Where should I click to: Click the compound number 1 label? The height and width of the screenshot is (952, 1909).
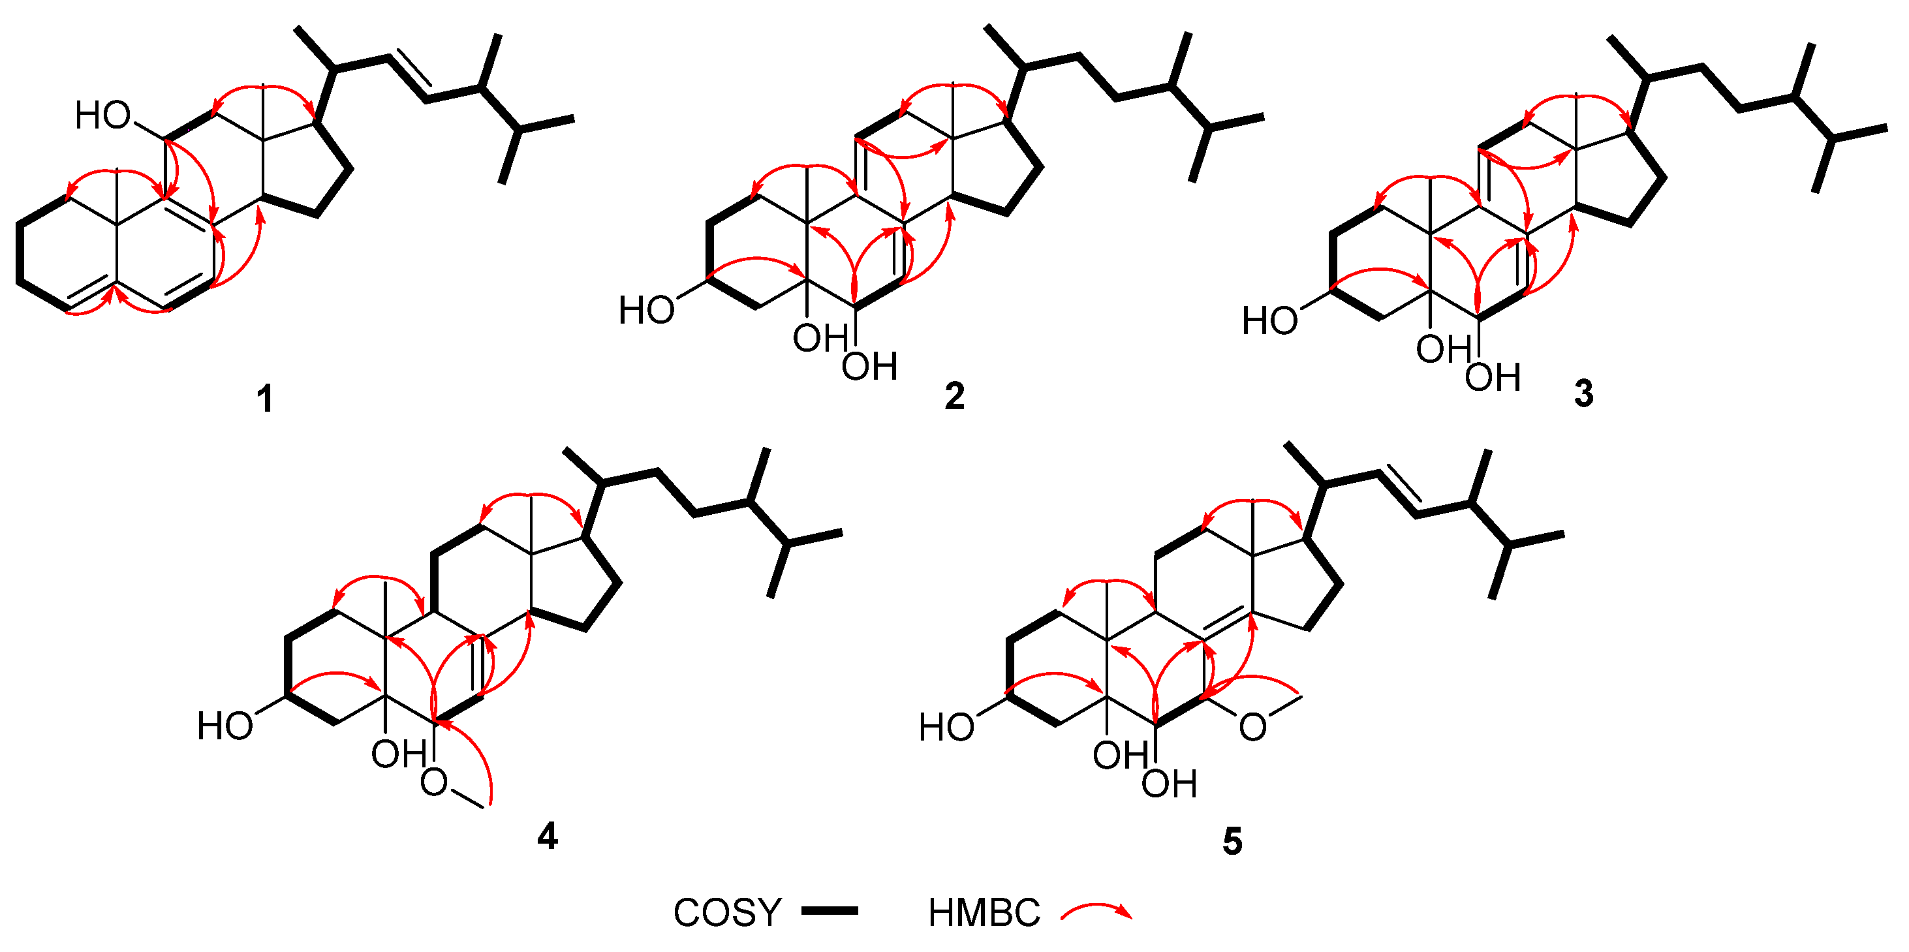[x=264, y=399]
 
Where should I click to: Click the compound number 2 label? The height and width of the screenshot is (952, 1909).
[x=954, y=396]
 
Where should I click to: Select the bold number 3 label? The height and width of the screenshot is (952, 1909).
[x=1584, y=394]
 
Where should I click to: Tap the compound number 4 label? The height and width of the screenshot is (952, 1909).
[x=547, y=837]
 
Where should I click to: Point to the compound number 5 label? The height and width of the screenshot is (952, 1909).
[x=1232, y=842]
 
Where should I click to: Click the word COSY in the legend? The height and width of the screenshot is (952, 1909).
[x=727, y=913]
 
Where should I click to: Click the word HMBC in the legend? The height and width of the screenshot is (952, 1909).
[x=984, y=913]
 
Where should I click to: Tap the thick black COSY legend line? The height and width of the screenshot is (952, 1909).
[x=830, y=912]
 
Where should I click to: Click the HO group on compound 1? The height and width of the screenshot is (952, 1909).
[x=103, y=115]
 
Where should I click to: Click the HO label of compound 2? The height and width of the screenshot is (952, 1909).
[x=647, y=310]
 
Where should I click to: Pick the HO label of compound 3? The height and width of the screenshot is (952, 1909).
[x=1270, y=322]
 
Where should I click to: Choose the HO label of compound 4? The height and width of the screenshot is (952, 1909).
[x=225, y=726]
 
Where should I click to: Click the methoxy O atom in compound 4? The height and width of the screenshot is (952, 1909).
[x=434, y=782]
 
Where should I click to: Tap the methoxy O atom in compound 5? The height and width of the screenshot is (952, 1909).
[x=1252, y=728]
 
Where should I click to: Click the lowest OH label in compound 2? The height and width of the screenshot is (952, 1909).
[x=869, y=367]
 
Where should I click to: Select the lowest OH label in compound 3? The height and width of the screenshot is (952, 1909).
[x=1493, y=378]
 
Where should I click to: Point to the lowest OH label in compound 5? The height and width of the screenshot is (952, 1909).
[x=1169, y=784]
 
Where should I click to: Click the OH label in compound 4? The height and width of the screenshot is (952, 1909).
[x=399, y=754]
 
